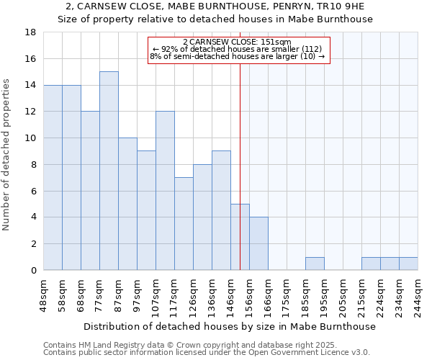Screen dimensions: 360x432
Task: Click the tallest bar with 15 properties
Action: click(109, 171)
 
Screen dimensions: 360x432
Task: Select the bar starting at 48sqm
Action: click(53, 177)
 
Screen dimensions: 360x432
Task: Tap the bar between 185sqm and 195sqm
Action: click(315, 264)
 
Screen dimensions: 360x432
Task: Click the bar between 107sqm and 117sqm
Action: click(165, 190)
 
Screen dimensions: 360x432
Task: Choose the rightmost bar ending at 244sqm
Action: click(408, 264)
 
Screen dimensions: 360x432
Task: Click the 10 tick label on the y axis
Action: click(30, 138)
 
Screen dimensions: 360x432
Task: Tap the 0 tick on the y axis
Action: click(33, 271)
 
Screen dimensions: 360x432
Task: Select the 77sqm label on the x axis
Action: click(99, 294)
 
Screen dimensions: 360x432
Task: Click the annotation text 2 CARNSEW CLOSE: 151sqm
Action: click(238, 42)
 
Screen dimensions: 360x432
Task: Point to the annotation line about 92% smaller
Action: click(238, 49)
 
